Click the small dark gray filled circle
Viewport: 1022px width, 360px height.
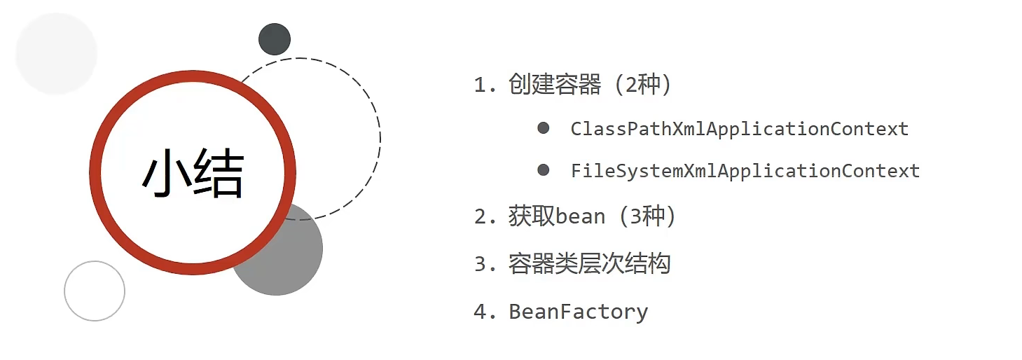point(275,39)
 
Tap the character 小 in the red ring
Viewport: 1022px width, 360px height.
point(167,174)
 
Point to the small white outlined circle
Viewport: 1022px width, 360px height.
point(95,291)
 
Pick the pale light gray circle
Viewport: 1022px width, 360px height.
point(56,53)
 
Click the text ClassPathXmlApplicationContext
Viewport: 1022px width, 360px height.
point(739,129)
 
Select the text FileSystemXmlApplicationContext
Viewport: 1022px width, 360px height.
point(745,171)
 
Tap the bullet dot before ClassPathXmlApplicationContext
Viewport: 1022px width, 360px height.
point(543,128)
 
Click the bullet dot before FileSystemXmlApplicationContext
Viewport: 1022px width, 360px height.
point(543,170)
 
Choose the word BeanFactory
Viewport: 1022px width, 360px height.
point(579,312)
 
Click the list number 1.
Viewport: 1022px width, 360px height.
point(480,85)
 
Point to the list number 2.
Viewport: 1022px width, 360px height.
point(480,217)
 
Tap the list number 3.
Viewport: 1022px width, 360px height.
point(480,265)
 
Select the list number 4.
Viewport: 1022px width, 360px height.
point(480,312)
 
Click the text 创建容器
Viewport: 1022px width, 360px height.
point(555,85)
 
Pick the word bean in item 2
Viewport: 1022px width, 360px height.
point(580,217)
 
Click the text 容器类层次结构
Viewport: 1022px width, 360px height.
point(590,264)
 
